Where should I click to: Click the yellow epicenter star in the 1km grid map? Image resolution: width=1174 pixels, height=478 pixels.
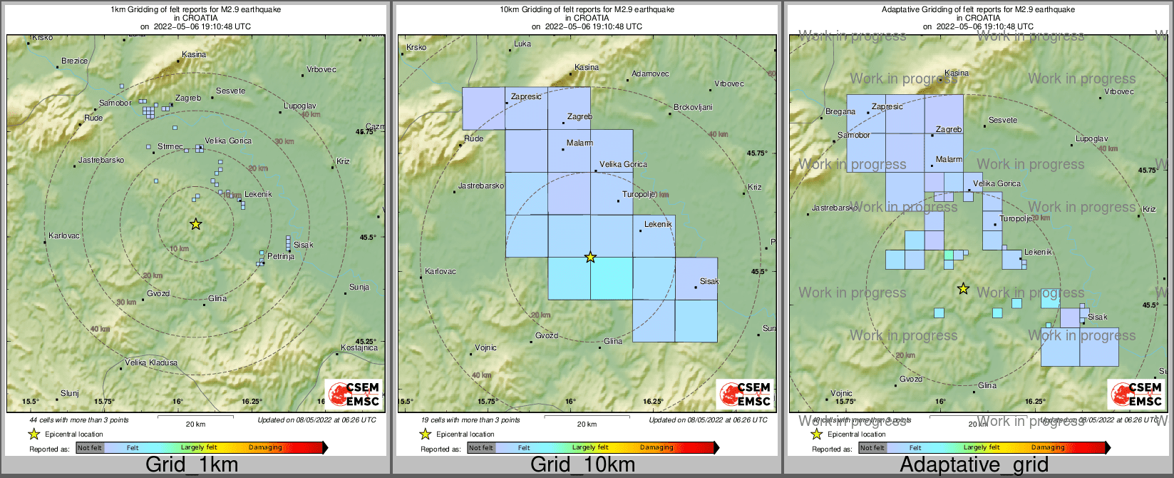pos(196,224)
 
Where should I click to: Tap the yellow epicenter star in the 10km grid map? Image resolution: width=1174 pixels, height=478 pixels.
pos(590,257)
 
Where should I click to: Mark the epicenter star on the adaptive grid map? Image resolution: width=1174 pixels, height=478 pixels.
pos(963,288)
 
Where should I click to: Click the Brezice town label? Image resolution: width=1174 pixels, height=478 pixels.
pos(75,61)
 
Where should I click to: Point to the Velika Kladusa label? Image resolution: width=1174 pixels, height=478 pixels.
pos(151,363)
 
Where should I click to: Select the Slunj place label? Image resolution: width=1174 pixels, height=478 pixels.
pos(70,393)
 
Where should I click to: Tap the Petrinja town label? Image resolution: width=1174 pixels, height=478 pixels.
pos(281,256)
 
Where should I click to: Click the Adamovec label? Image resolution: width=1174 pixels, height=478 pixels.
pos(651,73)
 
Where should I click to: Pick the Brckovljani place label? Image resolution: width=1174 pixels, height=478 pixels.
pos(693,108)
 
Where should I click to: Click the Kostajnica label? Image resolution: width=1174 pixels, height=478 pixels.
pos(359,348)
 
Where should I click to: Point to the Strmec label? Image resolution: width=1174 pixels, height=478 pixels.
pos(170,147)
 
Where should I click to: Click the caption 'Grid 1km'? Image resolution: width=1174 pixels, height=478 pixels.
pos(192,465)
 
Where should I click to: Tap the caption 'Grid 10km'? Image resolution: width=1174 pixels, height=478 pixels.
pos(582,465)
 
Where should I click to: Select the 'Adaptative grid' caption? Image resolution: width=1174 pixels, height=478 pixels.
pos(974,465)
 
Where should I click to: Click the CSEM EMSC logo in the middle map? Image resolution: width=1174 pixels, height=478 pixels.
pos(746,395)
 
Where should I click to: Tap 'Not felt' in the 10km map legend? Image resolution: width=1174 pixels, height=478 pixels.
pos(481,448)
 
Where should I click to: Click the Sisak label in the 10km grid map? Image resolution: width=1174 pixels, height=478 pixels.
pos(709,281)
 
